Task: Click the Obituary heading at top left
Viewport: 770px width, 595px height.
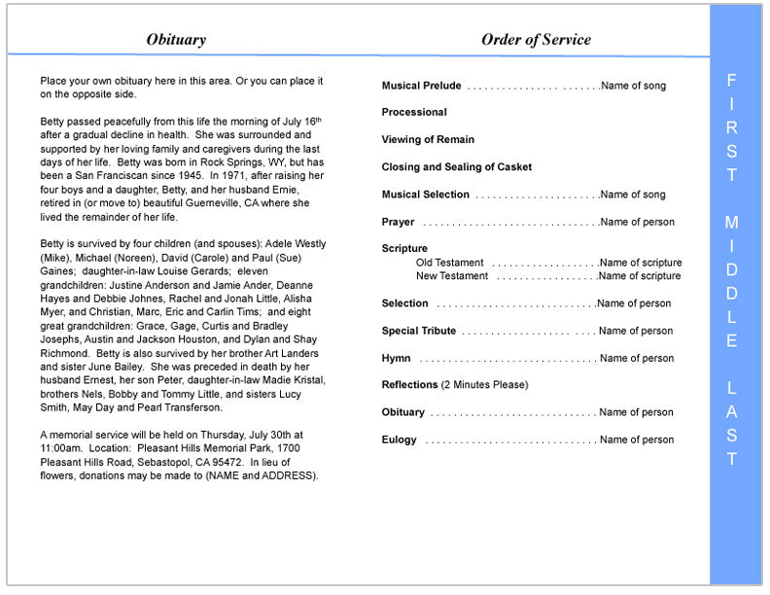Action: click(176, 40)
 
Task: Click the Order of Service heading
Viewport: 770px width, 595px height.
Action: click(536, 40)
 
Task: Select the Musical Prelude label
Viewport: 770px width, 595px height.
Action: click(421, 86)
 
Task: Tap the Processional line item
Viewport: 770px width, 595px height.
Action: click(414, 113)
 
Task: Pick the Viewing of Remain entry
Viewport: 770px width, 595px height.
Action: click(428, 140)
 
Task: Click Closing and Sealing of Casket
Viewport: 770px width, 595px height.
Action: click(457, 167)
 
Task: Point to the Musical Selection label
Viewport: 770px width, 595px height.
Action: click(425, 194)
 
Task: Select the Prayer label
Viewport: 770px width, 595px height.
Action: click(398, 222)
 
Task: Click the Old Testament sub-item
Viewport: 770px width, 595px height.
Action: click(449, 262)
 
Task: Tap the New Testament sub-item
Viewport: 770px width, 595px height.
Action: click(452, 276)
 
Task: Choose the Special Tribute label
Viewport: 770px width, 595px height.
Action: click(418, 331)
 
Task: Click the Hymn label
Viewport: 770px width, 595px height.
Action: click(396, 359)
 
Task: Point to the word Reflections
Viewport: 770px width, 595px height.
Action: click(409, 385)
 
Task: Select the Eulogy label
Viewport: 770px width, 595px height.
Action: click(399, 439)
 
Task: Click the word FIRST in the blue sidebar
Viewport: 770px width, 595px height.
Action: click(732, 127)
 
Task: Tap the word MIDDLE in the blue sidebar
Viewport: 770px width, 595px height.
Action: click(732, 282)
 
